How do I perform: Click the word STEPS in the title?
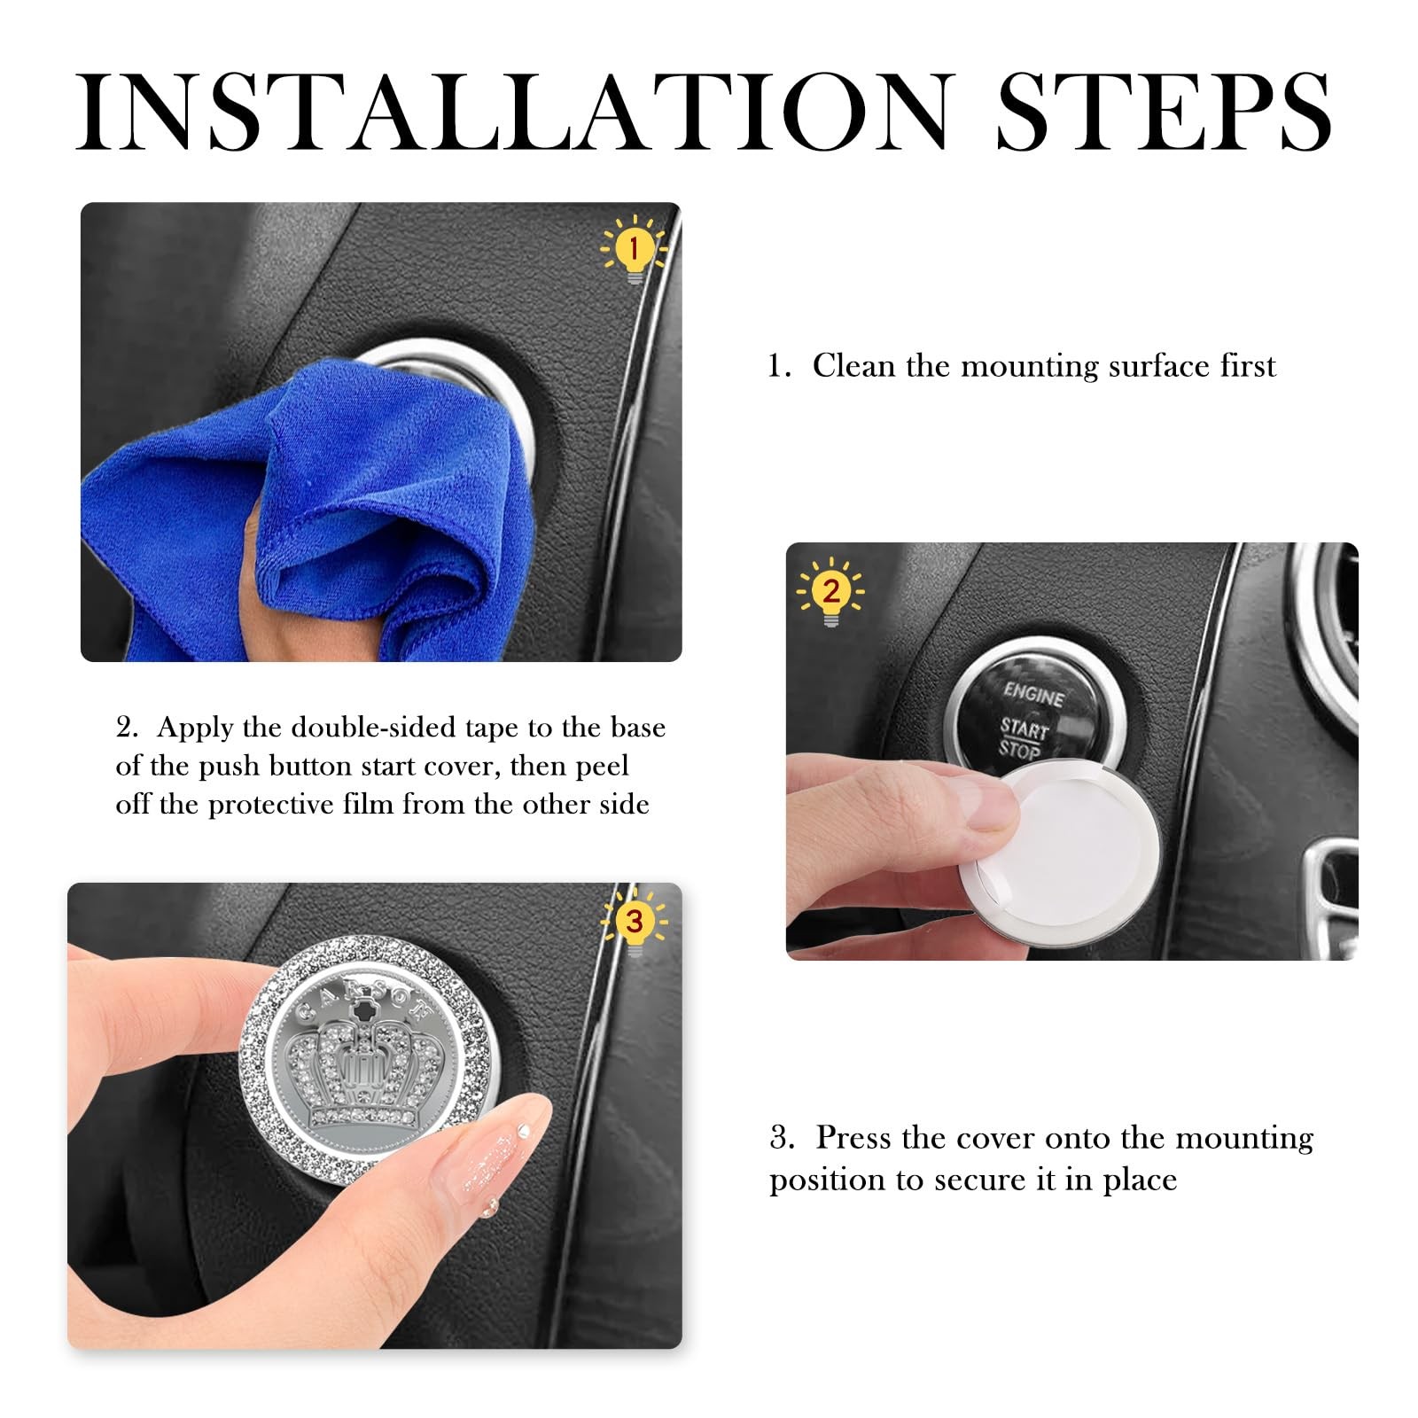pyautogui.click(x=1165, y=112)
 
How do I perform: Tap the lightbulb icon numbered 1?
pyautogui.click(x=633, y=249)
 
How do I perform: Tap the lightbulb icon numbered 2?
pyautogui.click(x=830, y=592)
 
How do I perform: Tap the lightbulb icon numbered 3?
pyautogui.click(x=634, y=922)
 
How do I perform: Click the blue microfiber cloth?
pyautogui.click(x=310, y=514)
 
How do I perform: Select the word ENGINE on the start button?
pyautogui.click(x=1033, y=694)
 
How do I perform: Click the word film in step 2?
pyautogui.click(x=434, y=804)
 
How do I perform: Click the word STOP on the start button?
pyautogui.click(x=1019, y=750)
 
